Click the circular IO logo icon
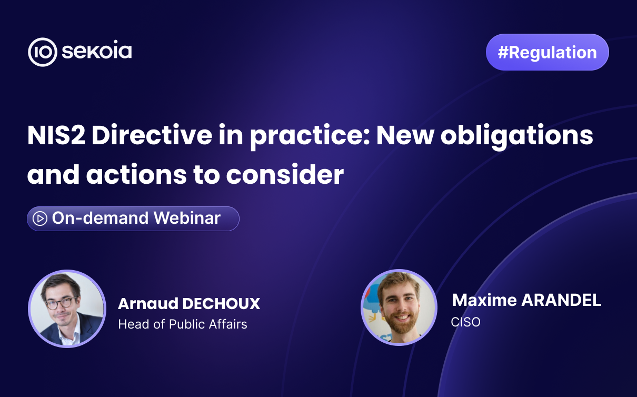(x=43, y=52)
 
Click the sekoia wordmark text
(x=97, y=51)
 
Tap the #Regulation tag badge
(x=547, y=52)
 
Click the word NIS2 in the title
(x=56, y=136)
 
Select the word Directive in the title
(x=152, y=136)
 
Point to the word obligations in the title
(x=517, y=136)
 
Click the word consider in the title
(x=285, y=174)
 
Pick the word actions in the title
(x=136, y=174)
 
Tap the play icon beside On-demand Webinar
(x=40, y=219)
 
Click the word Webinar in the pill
(x=187, y=218)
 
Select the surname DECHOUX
(x=221, y=304)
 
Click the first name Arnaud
(x=148, y=304)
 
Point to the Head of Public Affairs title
(x=183, y=324)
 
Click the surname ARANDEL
(x=561, y=300)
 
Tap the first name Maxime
(x=484, y=300)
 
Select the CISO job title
(x=465, y=322)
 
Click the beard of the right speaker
(x=402, y=321)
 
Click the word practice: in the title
(x=310, y=136)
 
